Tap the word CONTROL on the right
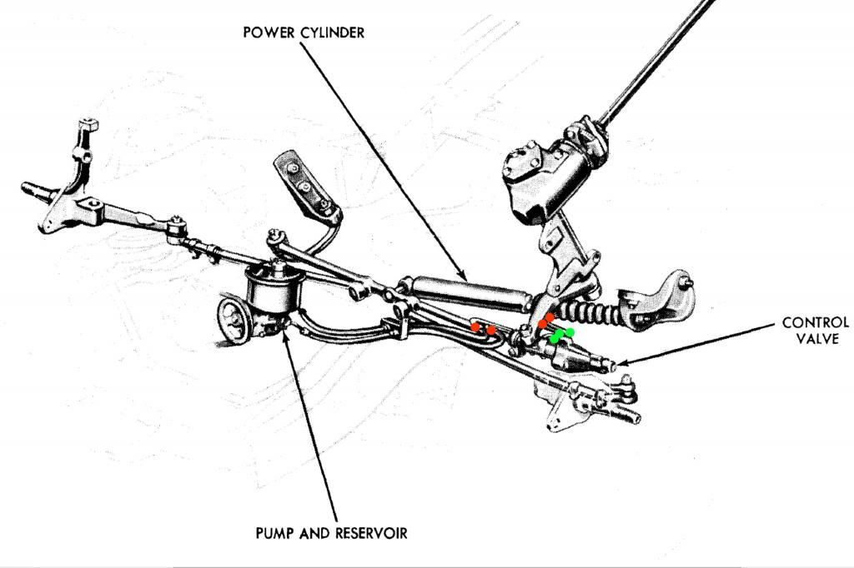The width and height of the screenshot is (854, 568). (815, 322)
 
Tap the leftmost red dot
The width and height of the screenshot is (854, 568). (475, 326)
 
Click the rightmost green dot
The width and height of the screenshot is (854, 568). (570, 332)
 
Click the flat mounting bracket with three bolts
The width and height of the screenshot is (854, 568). (305, 183)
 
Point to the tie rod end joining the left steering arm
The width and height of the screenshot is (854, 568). (176, 226)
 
